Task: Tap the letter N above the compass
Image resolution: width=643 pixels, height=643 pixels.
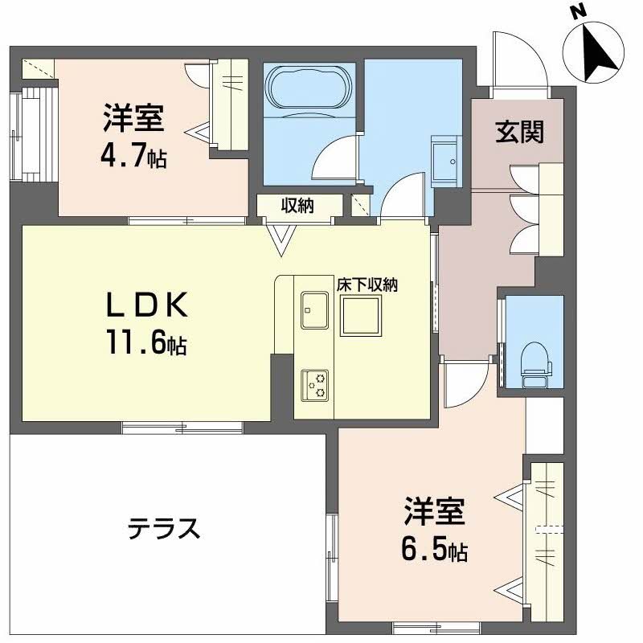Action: coord(576,12)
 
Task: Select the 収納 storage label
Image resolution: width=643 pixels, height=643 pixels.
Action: coord(297,206)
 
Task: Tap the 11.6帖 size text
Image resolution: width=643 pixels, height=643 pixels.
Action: coord(145,343)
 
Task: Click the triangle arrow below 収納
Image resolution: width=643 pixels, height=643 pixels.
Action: coord(282,239)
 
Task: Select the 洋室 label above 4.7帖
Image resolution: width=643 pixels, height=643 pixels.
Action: coord(133,119)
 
